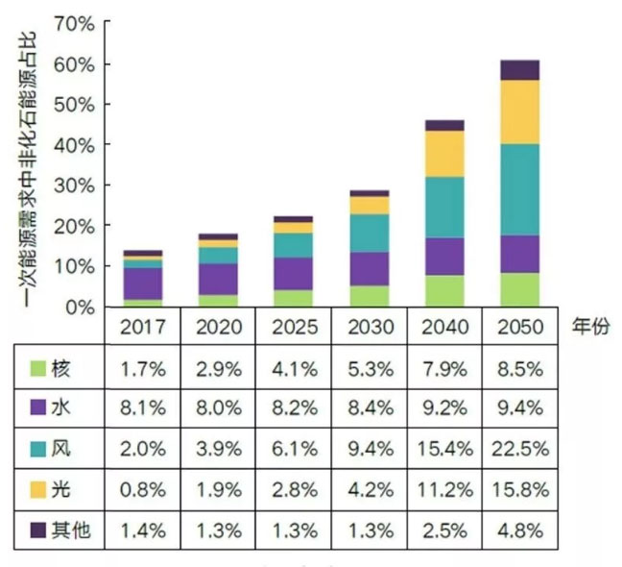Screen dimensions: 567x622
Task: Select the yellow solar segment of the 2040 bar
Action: [x=445, y=154]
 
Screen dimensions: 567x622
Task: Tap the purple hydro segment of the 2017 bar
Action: [x=143, y=283]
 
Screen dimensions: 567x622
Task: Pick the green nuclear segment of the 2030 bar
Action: [x=370, y=296]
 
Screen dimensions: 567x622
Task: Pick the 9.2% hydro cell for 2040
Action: [x=444, y=409]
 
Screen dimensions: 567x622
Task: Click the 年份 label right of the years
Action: [x=587, y=326]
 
